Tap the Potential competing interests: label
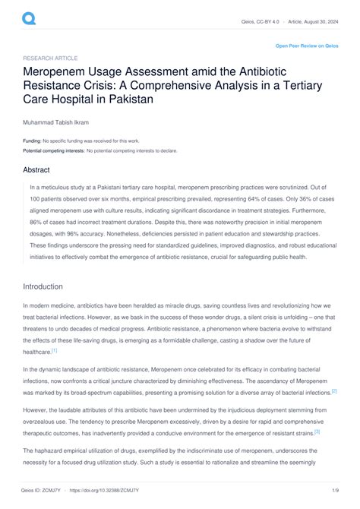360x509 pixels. tap(53, 150)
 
